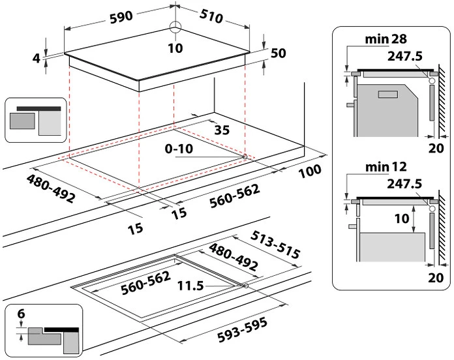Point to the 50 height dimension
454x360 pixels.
(279, 53)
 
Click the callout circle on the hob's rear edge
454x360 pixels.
(174, 27)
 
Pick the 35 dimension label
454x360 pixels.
(222, 130)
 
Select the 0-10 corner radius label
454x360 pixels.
(178, 149)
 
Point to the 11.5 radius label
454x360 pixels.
(190, 285)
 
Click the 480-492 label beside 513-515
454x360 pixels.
(232, 256)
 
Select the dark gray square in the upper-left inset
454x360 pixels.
(23, 121)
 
